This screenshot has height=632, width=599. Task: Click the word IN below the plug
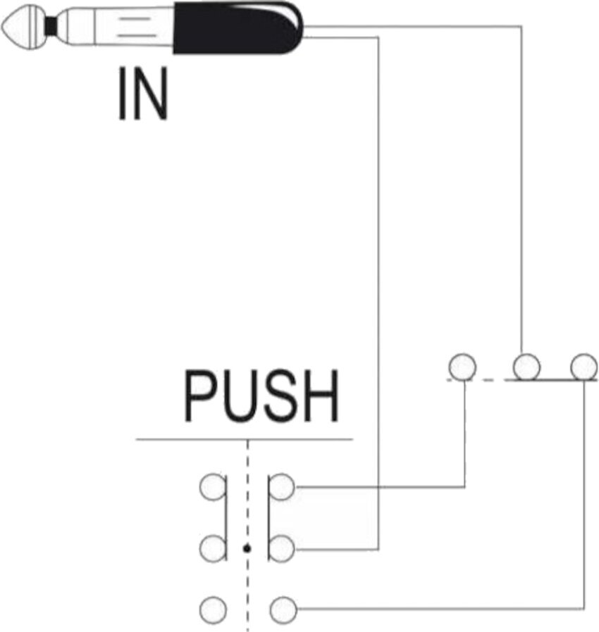[143, 94]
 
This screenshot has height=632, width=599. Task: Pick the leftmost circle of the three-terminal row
[462, 367]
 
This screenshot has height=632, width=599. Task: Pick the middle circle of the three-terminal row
[526, 367]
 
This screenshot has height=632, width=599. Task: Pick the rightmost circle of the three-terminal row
[583, 367]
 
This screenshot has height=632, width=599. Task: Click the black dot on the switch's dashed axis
[247, 548]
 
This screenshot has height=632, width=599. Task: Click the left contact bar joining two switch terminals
[226, 517]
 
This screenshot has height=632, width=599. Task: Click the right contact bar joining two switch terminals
[268, 517]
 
